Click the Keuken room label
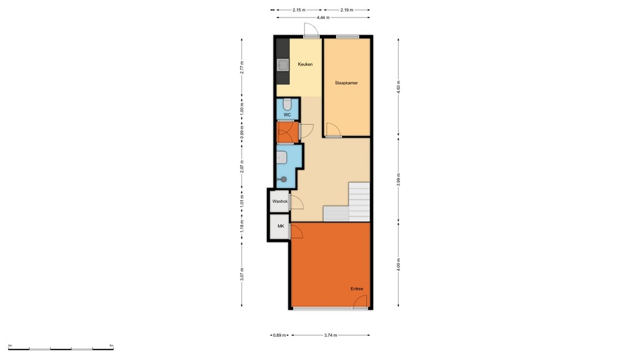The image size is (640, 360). (x=305, y=64)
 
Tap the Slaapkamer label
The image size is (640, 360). (x=346, y=82)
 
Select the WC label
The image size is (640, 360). (x=287, y=115)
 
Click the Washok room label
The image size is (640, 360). (x=279, y=201)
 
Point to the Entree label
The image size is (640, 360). (x=357, y=289)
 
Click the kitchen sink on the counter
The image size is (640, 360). (x=282, y=64)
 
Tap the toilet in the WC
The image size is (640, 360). (x=287, y=104)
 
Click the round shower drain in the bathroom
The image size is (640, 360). (x=284, y=179)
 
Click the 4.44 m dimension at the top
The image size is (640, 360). (x=323, y=17)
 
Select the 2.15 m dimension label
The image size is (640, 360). (x=298, y=10)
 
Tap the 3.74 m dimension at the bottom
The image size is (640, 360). (x=331, y=336)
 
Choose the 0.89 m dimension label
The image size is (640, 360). (x=279, y=336)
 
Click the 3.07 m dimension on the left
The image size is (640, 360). (x=242, y=274)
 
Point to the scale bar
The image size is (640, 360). (x=61, y=347)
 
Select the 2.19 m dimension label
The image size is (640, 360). (x=347, y=10)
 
